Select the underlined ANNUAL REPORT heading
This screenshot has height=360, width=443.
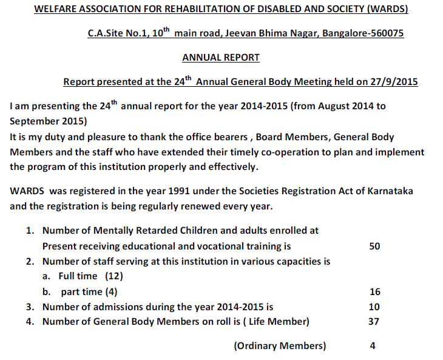click(221, 58)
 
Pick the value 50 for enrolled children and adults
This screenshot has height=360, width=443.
click(374, 246)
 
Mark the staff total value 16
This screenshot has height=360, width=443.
click(374, 292)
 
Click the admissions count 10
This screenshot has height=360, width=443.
click(374, 307)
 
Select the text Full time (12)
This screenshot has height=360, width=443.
click(87, 276)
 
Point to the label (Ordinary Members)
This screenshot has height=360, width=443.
click(280, 346)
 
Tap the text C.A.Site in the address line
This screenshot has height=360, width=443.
click(106, 33)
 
